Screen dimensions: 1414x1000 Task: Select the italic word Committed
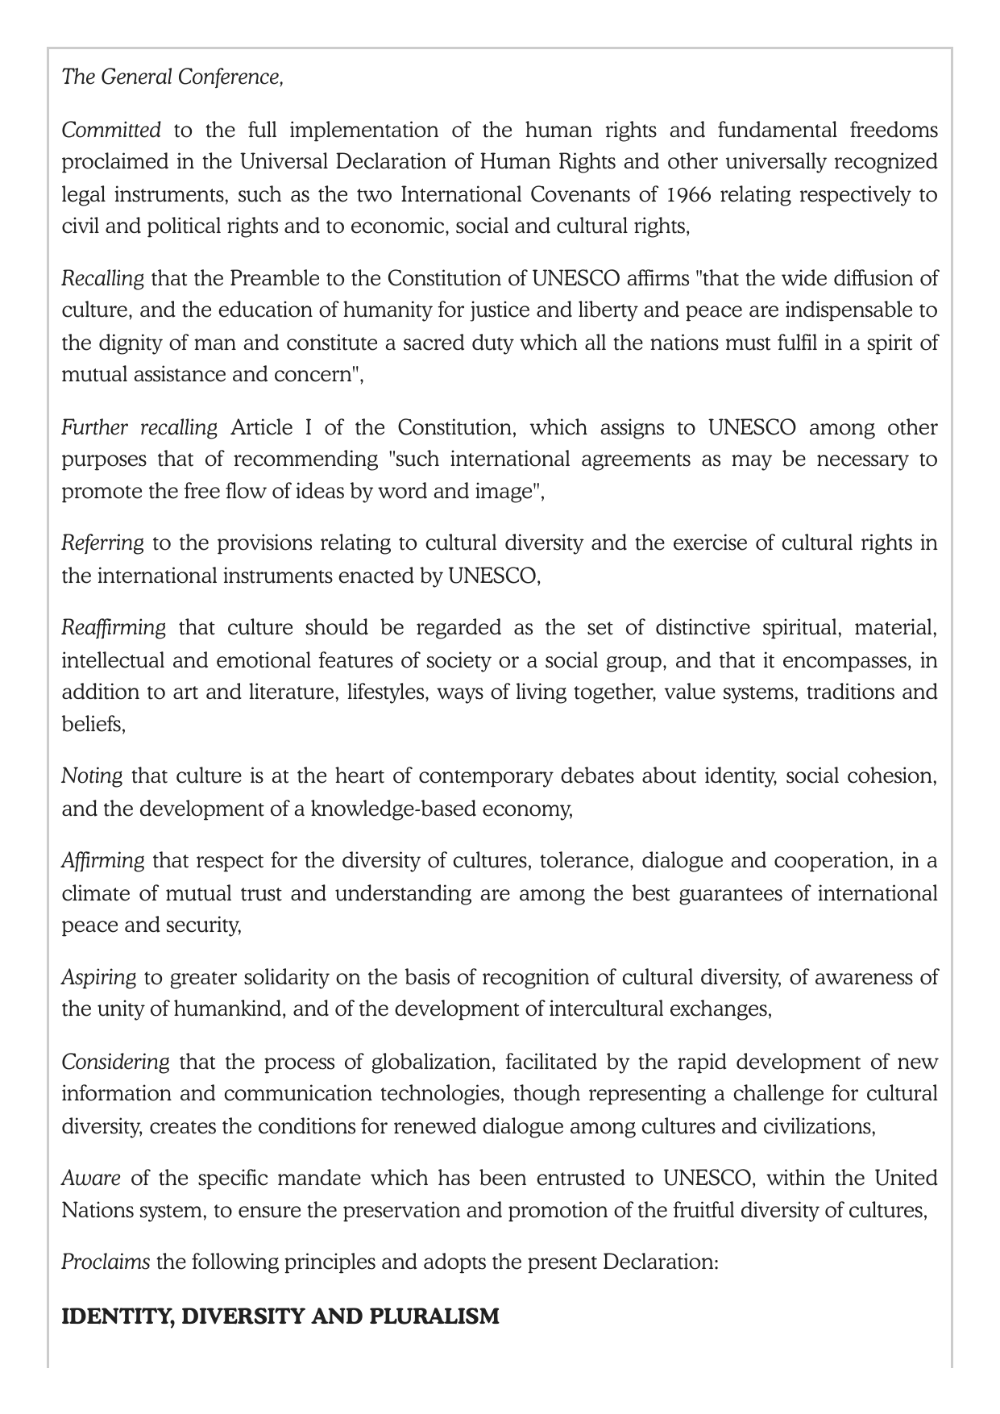click(x=111, y=130)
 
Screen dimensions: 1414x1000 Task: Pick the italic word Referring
click(x=102, y=543)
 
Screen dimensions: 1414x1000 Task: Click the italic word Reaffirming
click(x=114, y=628)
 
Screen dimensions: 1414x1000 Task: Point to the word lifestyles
click(x=386, y=692)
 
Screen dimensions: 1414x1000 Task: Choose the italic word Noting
click(x=92, y=776)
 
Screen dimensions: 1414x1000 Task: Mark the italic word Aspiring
click(x=99, y=978)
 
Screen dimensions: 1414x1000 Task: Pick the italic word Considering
click(x=116, y=1062)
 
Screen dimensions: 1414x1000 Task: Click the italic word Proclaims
click(x=106, y=1262)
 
